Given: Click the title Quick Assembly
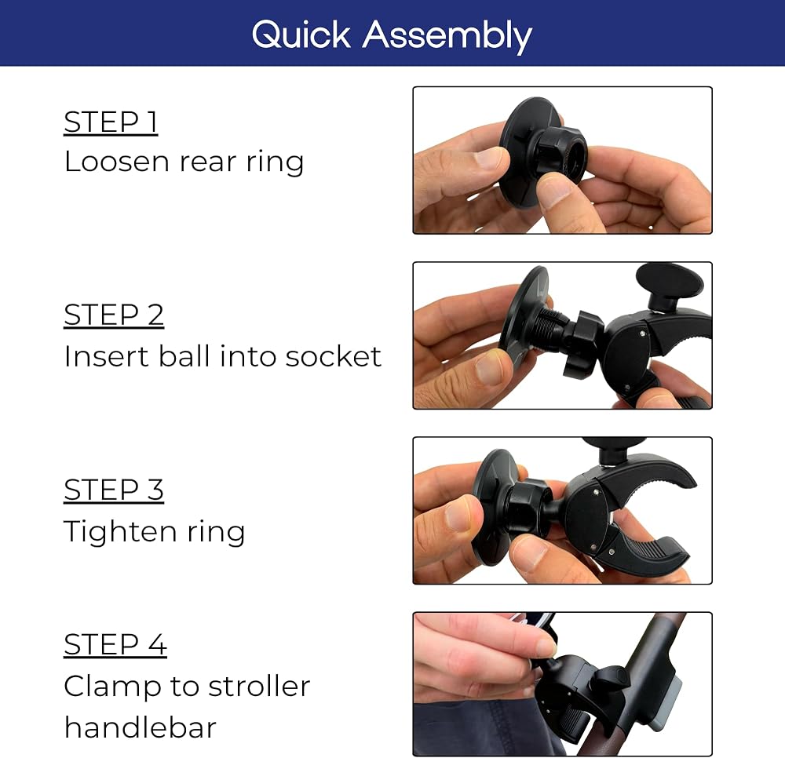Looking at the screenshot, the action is tap(392, 35).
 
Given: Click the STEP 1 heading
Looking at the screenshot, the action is tap(111, 122).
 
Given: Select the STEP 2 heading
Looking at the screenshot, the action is tap(114, 315).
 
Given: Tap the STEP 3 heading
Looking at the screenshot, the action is tap(114, 490).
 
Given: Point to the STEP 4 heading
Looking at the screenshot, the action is tap(115, 644).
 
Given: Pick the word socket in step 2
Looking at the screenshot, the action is tap(334, 356).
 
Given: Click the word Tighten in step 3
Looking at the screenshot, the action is tap(120, 531).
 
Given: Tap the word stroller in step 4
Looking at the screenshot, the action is tap(259, 686).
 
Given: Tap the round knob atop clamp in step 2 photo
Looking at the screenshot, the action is tap(669, 282).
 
